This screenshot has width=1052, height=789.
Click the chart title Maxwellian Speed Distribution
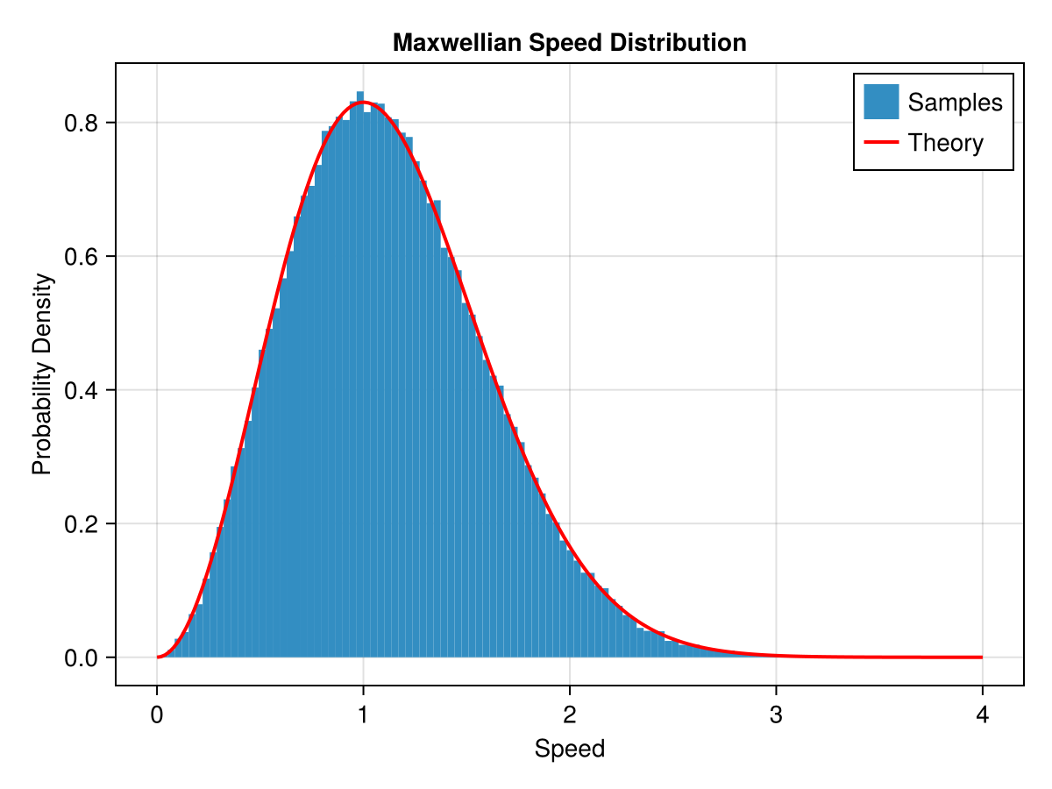(x=569, y=42)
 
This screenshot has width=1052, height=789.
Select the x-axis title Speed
(x=569, y=749)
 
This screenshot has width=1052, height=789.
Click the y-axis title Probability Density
(x=42, y=374)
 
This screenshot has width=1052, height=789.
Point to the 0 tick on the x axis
(x=157, y=715)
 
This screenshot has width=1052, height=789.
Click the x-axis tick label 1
(x=363, y=715)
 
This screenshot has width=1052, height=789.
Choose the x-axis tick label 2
(x=569, y=715)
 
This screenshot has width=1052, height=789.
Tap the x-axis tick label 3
(x=776, y=715)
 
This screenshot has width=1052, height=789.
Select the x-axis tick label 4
(x=982, y=715)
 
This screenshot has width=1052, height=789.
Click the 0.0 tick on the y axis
(x=82, y=657)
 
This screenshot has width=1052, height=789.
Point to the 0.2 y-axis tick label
(x=82, y=524)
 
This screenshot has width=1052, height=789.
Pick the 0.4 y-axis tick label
(x=82, y=390)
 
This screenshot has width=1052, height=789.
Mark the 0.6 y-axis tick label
(x=82, y=257)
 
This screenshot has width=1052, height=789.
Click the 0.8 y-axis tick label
(x=82, y=123)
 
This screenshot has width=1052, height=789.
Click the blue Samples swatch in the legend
(x=881, y=102)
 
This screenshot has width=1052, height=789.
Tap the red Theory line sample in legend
(x=881, y=142)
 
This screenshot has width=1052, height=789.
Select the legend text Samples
(x=955, y=103)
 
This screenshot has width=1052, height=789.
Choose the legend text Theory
(x=945, y=142)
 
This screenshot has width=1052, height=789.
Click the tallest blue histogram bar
(x=359, y=377)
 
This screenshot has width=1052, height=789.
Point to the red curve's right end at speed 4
(x=981, y=657)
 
